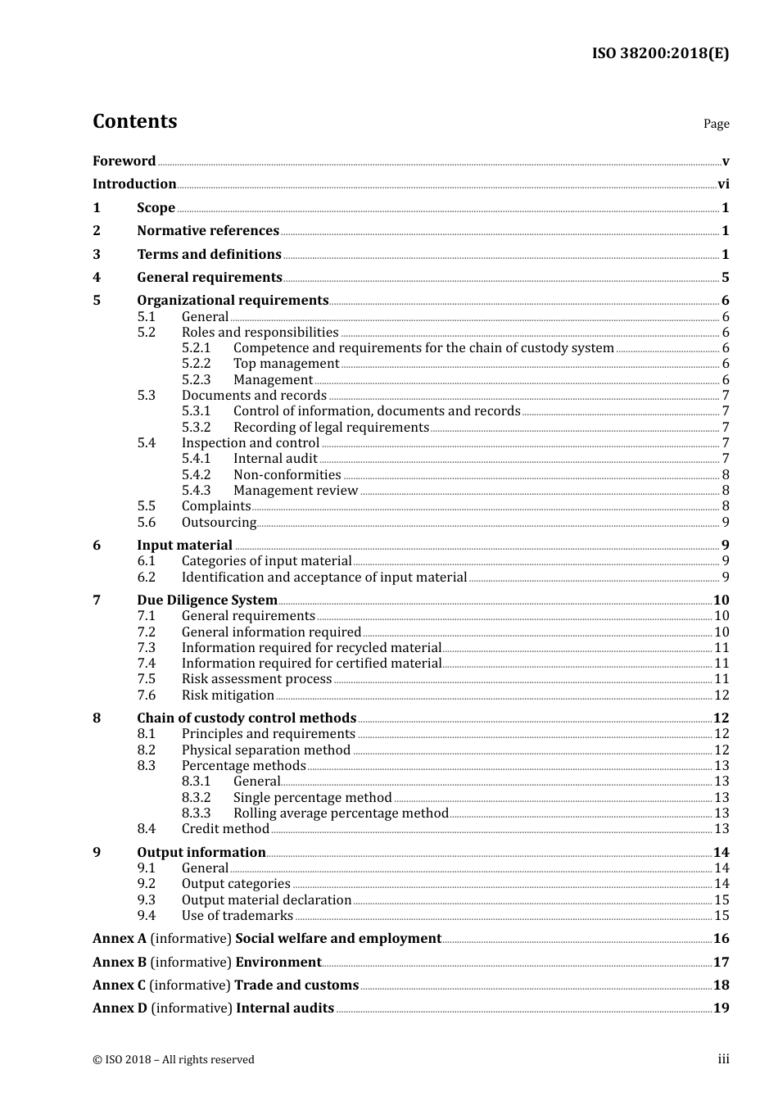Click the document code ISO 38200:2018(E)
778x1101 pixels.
pos(660,53)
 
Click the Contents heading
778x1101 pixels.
pos(134,121)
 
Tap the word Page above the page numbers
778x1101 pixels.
pos(716,124)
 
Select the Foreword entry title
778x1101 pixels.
pos(124,161)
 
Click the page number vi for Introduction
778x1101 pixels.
pos(723,184)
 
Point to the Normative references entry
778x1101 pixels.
pos(208,231)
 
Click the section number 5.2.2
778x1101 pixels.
pos(196,364)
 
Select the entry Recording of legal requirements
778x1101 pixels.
pos(331,428)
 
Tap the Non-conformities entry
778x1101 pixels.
pos(287,475)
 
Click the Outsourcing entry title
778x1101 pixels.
pos(219,523)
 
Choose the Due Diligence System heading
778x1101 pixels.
pos(207,600)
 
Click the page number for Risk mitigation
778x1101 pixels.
pos(721,695)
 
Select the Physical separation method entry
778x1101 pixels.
pos(266,750)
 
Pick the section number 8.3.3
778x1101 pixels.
pos(196,813)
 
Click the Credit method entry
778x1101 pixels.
pos(225,829)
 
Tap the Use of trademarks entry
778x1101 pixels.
pos(237,916)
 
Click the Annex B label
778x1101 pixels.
pos(120,963)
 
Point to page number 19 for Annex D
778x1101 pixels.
pos(721,1008)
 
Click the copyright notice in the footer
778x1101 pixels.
pos(174,1060)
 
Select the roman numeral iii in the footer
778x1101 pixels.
pos(723,1059)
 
